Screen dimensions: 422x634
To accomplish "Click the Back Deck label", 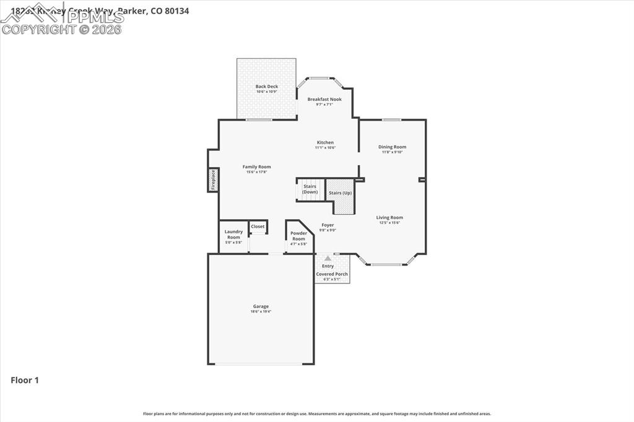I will pos(267,87).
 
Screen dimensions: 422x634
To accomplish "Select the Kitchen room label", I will pos(325,142).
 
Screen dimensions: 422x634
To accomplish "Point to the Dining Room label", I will pos(392,147).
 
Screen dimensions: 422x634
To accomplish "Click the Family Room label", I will pos(256,166).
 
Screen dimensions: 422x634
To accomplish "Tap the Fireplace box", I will pos(213,179).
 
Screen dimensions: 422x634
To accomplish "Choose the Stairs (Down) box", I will pos(310,189).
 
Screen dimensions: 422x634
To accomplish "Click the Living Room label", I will pos(389,217).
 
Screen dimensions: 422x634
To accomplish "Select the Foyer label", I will pos(328,225).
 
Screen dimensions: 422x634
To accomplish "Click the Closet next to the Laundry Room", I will pos(258,227).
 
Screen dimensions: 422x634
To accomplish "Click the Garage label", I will pos(261,306).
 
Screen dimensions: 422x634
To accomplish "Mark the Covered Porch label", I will pos(332,274).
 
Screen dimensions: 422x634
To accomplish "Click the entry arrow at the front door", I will pos(328,258).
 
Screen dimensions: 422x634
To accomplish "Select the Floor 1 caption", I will pos(25,381).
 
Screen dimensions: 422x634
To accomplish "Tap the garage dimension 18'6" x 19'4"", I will pos(261,311).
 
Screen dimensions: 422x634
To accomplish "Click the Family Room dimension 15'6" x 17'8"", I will pos(256,172).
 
